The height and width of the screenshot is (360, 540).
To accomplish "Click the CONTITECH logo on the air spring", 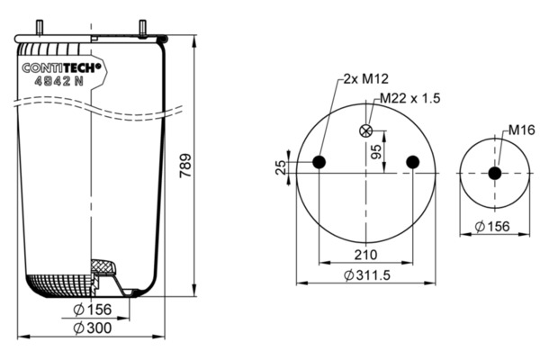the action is pos(61,67).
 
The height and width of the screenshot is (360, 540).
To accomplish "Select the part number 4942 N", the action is pos(58,81).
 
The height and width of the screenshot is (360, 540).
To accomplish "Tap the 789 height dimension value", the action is pos(185,166).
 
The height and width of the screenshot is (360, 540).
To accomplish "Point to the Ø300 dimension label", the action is pos(93,328).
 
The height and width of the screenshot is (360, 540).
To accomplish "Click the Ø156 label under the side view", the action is pos(93,310).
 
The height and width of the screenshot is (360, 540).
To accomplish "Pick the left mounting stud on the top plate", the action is pos(39,28).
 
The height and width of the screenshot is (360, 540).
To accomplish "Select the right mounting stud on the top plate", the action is pos(142,28).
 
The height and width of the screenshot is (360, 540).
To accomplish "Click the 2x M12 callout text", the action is pos(366,79).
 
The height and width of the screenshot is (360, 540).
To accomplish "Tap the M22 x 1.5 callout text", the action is pos(410,98).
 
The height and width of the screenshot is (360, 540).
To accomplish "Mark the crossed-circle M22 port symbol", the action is pos(365,130).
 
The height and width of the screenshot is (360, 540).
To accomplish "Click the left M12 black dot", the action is pos(319,162).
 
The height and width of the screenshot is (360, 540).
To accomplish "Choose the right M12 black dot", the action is pos(412,162).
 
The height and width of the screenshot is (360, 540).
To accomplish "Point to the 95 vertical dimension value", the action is pos(377,152).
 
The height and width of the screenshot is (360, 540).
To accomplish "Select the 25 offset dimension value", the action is pos(282,167).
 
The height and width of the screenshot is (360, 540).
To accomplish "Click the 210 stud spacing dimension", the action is pos(365,255).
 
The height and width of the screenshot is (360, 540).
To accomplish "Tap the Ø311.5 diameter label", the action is pos(367,275).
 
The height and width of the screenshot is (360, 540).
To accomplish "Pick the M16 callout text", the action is pos(522,130).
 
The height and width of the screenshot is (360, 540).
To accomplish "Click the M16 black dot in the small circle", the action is pos(495,174).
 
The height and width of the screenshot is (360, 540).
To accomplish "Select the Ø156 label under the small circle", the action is pos(492,226).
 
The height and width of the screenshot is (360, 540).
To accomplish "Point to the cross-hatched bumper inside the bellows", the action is pos(103,267).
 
